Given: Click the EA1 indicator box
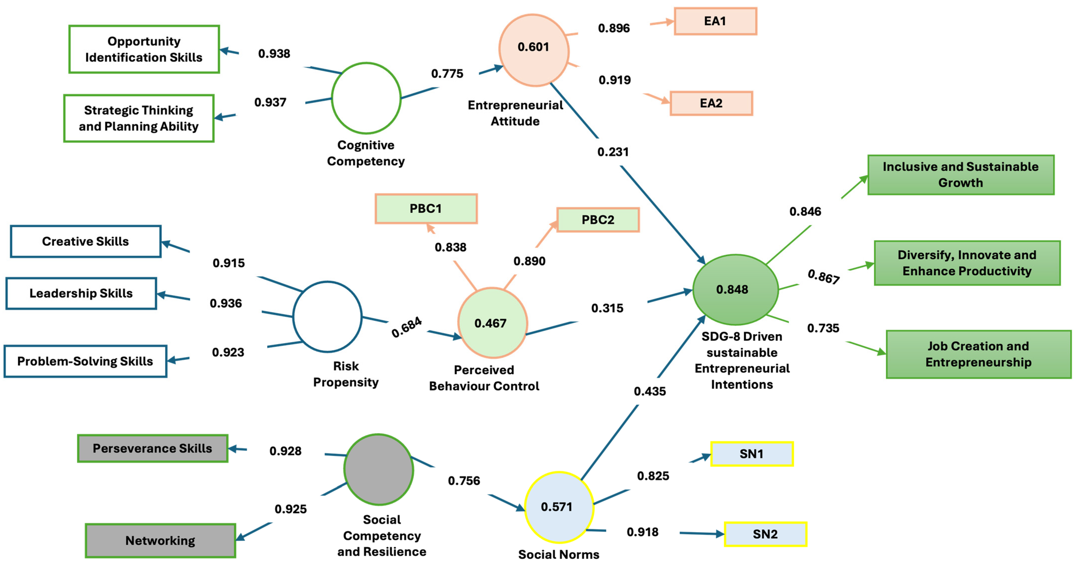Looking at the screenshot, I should pyautogui.click(x=715, y=21).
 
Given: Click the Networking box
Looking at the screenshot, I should pyautogui.click(x=160, y=540).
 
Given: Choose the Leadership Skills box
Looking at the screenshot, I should pyautogui.click(x=81, y=293).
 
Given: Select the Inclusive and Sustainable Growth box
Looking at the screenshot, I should pyautogui.click(x=960, y=175).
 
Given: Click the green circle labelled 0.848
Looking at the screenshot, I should pyautogui.click(x=735, y=289).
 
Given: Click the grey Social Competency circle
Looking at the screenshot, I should pyautogui.click(x=379, y=469).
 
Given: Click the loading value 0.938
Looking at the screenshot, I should pyautogui.click(x=274, y=53).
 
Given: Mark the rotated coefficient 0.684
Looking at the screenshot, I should pyautogui.click(x=406, y=327).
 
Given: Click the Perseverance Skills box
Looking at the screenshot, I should pyautogui.click(x=152, y=448).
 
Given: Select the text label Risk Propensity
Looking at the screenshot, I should pyautogui.click(x=346, y=374).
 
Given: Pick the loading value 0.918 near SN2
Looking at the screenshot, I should pyautogui.click(x=642, y=532).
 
